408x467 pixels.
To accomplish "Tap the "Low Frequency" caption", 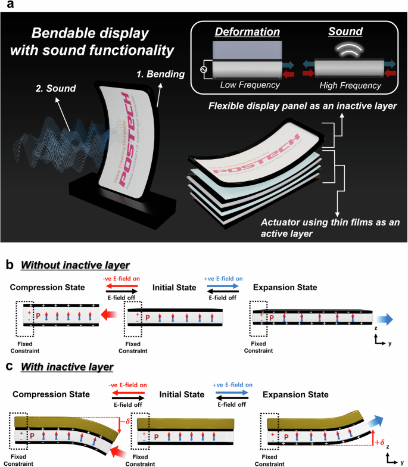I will pyautogui.click(x=249, y=86).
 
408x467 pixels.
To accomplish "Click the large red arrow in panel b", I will pyautogui.click(x=109, y=313).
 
